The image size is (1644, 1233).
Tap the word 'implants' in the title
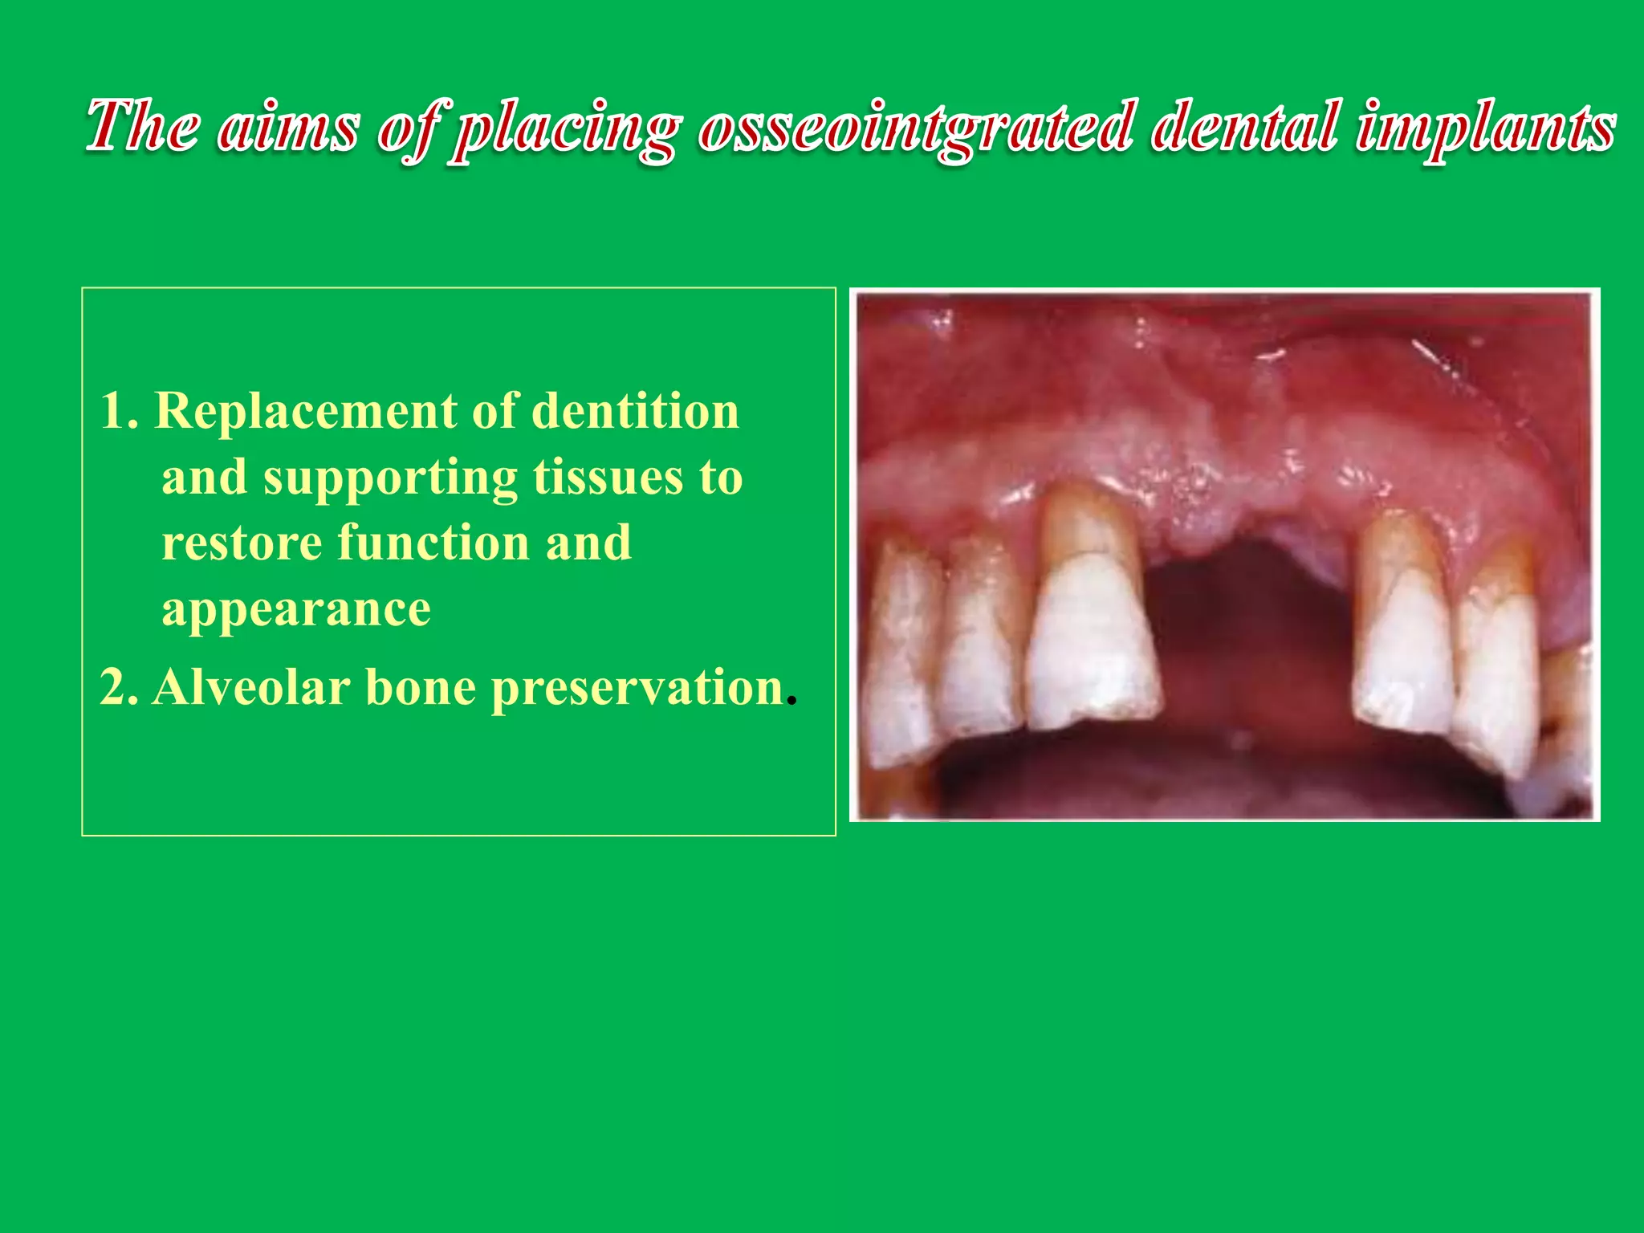(x=1485, y=127)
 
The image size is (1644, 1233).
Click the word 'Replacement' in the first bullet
(x=305, y=411)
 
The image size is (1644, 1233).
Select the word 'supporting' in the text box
(x=390, y=478)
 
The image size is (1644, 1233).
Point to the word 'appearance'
(x=296, y=610)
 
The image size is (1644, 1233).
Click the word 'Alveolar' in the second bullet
(x=251, y=688)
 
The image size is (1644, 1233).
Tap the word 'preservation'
(x=637, y=690)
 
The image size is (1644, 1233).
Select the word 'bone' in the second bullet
(x=421, y=688)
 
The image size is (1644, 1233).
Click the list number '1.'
(x=120, y=411)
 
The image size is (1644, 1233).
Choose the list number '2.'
(x=120, y=688)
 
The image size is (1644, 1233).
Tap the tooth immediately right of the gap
(x=1403, y=634)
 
